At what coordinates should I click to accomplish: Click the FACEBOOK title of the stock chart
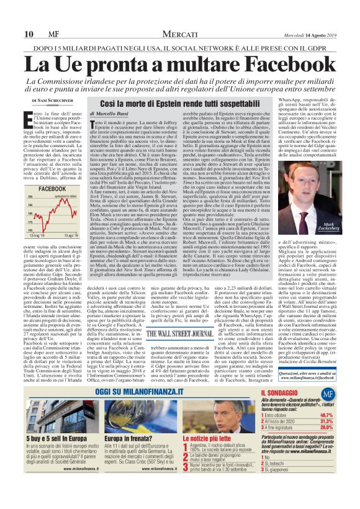click(53, 188)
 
